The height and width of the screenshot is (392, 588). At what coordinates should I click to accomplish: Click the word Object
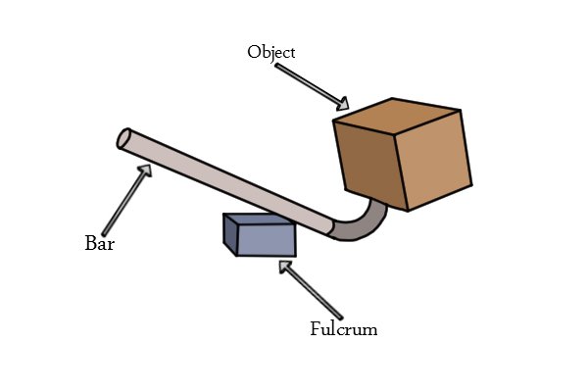coord(271,52)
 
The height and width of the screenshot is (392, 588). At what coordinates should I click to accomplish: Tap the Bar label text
coord(99,243)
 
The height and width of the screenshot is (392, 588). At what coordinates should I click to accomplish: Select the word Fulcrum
coord(344,329)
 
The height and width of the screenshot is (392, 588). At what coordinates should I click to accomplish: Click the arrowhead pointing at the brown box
coord(343,104)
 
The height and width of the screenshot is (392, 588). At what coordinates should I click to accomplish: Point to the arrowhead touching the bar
coord(145,171)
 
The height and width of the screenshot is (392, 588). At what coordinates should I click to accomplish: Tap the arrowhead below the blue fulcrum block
coord(285,267)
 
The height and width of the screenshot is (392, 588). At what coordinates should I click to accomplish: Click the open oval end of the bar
coord(123,138)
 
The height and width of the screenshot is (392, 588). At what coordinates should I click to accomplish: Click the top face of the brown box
coord(396,117)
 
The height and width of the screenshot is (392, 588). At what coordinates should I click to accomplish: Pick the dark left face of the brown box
coord(369,166)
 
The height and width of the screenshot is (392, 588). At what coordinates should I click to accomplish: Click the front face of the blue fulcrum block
coord(267,240)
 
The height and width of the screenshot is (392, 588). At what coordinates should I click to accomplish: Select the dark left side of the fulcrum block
coord(230,234)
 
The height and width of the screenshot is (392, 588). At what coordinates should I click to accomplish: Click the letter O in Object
coord(254,52)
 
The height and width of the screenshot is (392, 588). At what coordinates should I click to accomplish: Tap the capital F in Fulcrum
coord(316,328)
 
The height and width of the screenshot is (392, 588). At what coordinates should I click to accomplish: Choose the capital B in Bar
coord(91,243)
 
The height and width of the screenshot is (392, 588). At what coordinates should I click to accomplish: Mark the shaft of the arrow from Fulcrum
coord(315,294)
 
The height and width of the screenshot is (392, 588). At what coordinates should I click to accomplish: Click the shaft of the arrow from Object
coord(308,83)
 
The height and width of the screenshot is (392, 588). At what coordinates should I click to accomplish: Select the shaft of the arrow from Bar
coord(123,204)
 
